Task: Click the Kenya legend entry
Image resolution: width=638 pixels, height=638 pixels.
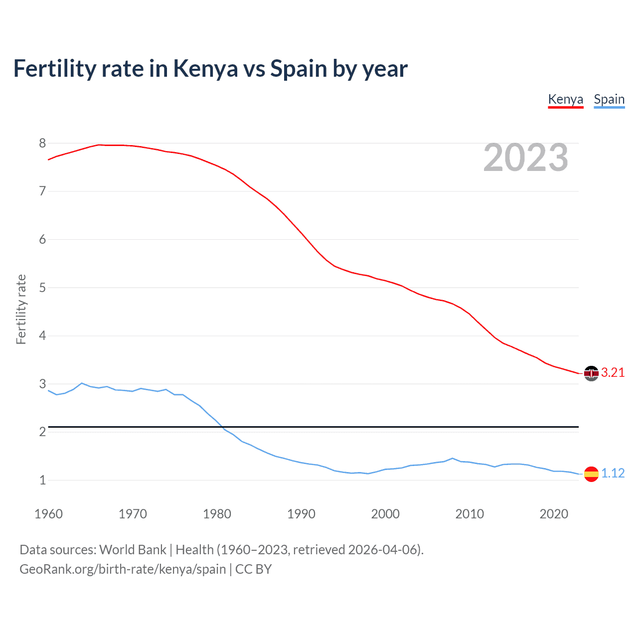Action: pos(565,99)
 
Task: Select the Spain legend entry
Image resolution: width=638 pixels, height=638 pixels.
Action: pos(609,99)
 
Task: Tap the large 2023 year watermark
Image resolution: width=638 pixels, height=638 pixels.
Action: pos(525,158)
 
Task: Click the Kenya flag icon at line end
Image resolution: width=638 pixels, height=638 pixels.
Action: pos(591,373)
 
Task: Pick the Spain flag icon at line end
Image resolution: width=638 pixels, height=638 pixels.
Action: pos(591,474)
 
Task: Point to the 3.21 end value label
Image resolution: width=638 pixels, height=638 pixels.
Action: pos(613,373)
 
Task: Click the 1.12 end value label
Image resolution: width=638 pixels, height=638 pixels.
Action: pos(613,473)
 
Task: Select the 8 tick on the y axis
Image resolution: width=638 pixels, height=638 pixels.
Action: pos(42,144)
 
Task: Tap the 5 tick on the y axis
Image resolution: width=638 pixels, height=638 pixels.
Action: pos(42,288)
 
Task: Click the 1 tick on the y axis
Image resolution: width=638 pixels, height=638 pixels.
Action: pos(42,480)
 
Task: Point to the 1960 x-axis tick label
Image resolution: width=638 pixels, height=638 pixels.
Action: pos(48,514)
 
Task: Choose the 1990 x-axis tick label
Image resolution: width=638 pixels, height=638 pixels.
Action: pos(301,514)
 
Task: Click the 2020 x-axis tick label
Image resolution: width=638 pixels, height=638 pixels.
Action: pos(554,514)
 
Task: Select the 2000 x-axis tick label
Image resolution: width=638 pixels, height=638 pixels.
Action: pos(385,514)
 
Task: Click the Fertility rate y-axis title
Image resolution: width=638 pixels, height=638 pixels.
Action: pos(21,309)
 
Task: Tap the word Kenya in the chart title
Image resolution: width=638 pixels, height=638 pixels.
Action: pos(205,69)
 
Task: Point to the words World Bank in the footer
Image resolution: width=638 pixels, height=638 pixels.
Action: pos(133,550)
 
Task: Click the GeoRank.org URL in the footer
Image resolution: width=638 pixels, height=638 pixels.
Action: pos(123,569)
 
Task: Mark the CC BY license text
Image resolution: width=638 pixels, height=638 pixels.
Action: pos(253,569)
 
